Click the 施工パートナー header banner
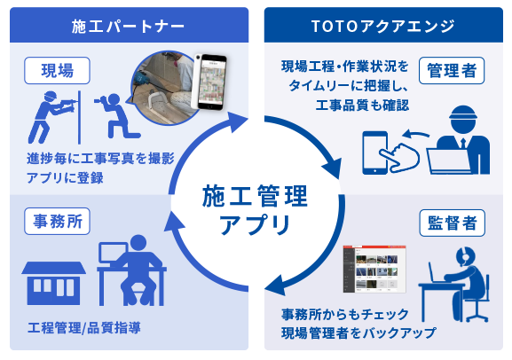click(129, 25)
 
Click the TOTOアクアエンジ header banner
click(383, 25)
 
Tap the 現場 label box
click(57, 71)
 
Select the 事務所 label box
click(57, 222)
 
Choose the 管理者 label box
click(452, 71)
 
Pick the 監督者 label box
click(452, 223)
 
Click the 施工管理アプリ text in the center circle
click(255, 209)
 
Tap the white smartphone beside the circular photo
click(209, 82)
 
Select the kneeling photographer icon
click(117, 116)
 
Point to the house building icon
click(53, 283)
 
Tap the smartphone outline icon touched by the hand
click(374, 153)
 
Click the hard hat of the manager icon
click(463, 113)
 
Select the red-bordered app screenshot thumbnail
click(374, 269)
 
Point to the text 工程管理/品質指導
click(84, 328)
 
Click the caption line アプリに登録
click(65, 178)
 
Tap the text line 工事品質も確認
click(362, 106)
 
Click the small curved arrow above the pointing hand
click(414, 134)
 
